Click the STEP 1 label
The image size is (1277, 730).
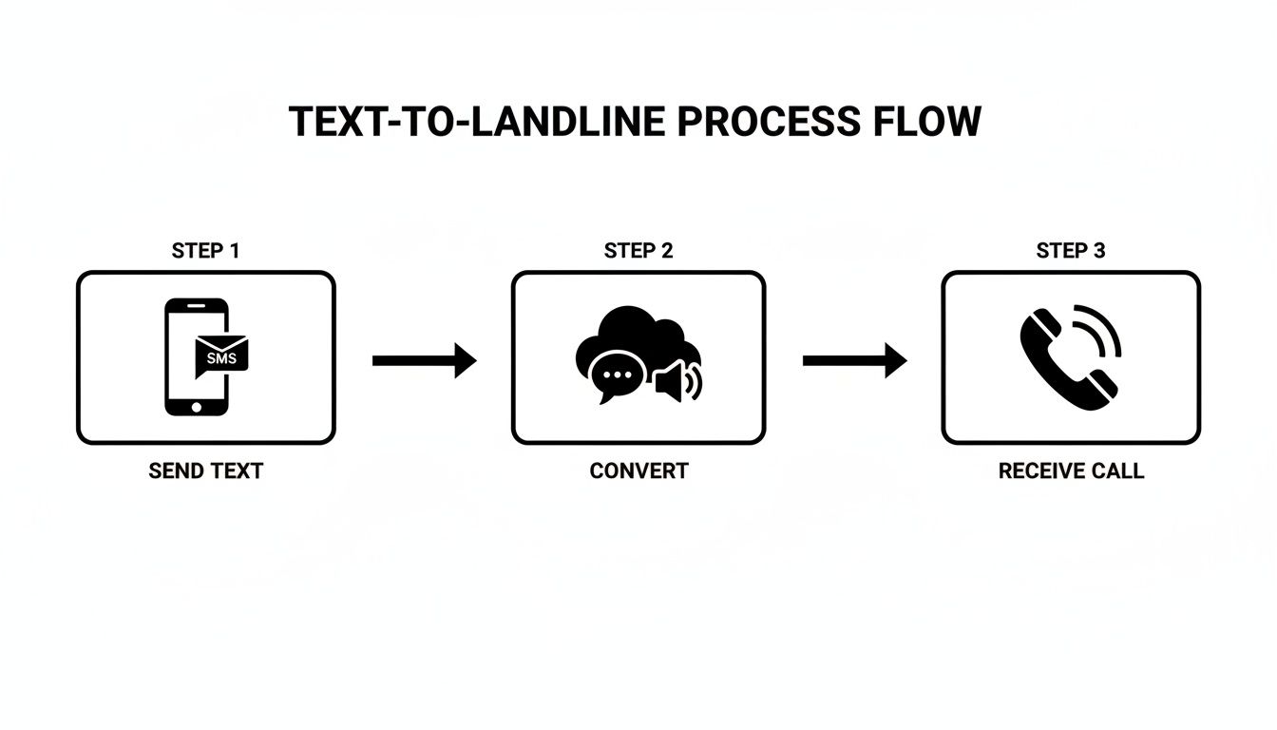point(205,251)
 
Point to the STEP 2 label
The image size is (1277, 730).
point(638,251)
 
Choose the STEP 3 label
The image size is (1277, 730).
point(1071,251)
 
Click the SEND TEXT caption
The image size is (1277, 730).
point(205,471)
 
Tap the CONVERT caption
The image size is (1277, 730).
point(638,471)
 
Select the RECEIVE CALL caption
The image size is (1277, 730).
point(1071,471)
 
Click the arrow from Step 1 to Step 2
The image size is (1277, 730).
point(424,360)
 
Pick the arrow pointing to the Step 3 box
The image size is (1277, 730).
point(854,360)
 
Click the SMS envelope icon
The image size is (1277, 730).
point(220,355)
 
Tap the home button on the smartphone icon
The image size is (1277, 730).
point(197,406)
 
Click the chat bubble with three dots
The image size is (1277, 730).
point(618,375)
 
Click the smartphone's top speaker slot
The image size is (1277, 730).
point(197,307)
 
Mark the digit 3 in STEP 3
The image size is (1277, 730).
point(1099,251)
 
